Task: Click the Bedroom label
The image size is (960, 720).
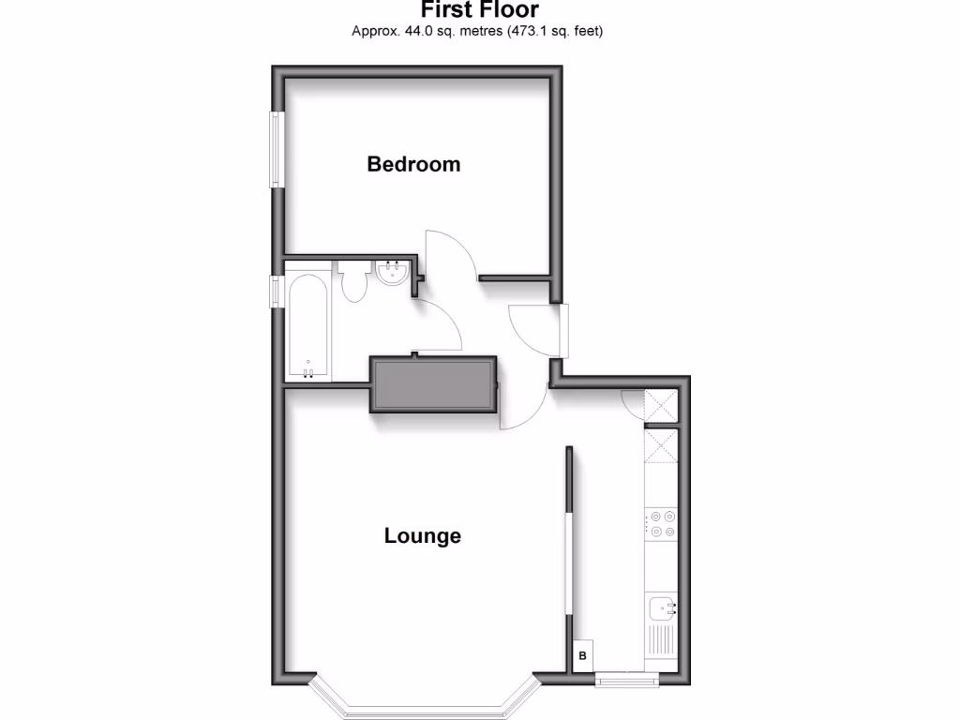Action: [413, 164]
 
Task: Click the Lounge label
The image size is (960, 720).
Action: [423, 536]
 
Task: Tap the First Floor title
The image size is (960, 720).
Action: [479, 10]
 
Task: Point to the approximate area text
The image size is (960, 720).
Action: [476, 31]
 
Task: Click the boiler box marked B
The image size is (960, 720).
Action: [582, 656]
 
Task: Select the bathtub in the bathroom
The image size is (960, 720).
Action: [307, 326]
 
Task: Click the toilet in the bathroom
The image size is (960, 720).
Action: [353, 281]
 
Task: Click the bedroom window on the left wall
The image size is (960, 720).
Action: [277, 149]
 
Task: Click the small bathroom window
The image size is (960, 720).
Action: [277, 291]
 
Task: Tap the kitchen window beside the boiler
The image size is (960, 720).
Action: [627, 678]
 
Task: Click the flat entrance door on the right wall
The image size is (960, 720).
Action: [560, 329]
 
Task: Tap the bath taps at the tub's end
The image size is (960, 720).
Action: [307, 373]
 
